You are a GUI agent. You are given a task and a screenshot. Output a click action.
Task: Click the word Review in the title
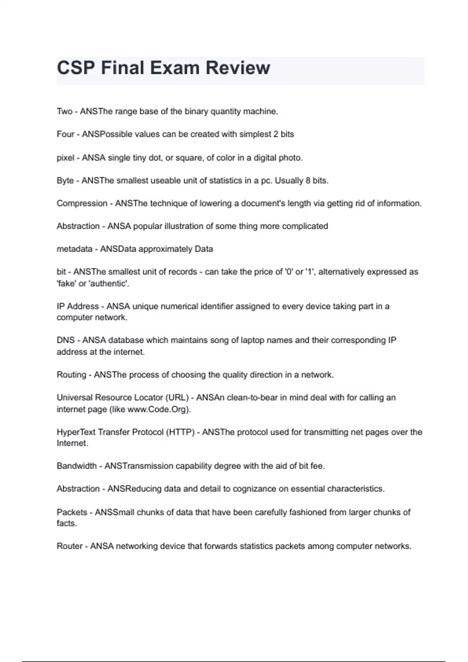click(238, 68)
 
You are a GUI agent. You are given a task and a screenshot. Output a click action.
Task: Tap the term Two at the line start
click(64, 111)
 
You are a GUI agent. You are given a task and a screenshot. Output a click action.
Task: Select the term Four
click(65, 134)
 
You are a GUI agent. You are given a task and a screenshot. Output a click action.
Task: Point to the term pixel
click(65, 158)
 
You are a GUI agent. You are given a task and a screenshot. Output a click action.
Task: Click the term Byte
click(65, 181)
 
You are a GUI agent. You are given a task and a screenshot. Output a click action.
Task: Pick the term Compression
click(82, 203)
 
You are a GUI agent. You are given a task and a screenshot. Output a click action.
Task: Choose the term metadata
click(74, 249)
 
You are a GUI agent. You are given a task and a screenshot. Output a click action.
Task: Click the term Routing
click(71, 375)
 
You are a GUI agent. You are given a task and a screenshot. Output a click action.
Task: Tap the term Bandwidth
click(76, 466)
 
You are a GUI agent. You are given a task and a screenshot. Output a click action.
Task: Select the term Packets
click(72, 512)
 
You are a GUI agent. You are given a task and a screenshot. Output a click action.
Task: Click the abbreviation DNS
click(66, 340)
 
